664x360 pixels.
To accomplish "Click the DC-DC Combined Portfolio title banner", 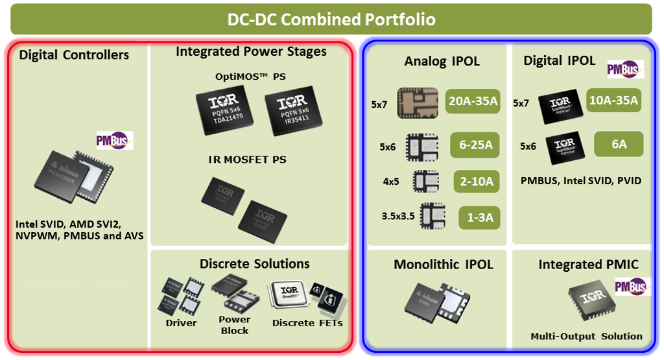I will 331,19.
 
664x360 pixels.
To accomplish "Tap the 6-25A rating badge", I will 475,146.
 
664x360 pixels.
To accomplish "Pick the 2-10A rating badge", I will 476,182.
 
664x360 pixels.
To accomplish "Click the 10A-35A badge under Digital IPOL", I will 613,100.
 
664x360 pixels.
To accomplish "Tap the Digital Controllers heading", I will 74,54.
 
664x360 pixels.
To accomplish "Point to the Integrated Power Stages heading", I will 251,51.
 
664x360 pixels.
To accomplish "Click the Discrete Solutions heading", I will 254,264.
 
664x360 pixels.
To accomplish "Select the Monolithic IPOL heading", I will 443,265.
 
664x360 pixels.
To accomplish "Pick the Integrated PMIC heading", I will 588,265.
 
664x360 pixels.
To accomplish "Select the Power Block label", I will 234,324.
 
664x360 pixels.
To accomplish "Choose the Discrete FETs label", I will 307,322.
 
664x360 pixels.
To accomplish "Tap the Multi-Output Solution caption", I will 586,336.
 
